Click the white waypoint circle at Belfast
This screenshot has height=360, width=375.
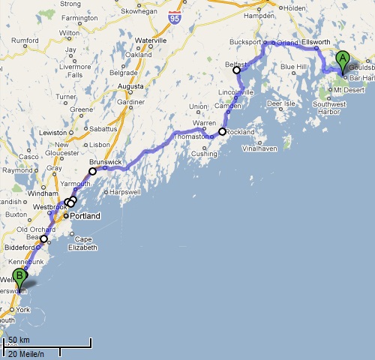point(237,70)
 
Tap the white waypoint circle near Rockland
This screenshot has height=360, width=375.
point(222,132)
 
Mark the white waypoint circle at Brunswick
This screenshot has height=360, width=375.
point(93,171)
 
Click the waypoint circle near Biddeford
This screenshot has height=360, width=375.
point(43,239)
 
